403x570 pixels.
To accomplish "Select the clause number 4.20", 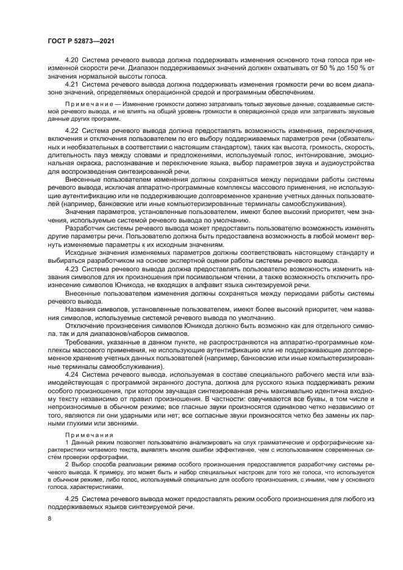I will point(71,61).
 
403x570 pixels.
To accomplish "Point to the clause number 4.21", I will point(71,84).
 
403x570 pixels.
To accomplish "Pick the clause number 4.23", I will point(71,268).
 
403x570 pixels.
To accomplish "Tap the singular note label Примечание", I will point(87,104).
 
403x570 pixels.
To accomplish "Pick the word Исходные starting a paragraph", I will point(80,251).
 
